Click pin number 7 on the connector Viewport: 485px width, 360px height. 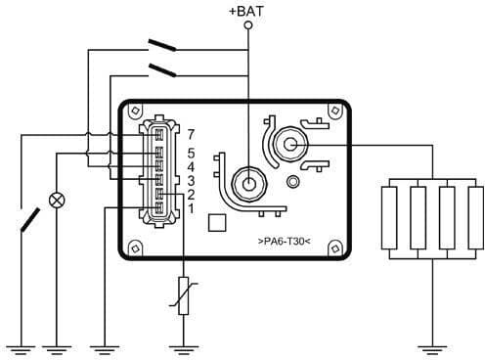tap(192, 134)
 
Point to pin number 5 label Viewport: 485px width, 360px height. tap(192, 154)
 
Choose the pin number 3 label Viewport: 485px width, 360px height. tap(192, 181)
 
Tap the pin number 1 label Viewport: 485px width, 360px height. tap(192, 208)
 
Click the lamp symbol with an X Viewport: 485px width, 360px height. tap(57, 200)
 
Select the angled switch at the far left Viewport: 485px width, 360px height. tap(29, 218)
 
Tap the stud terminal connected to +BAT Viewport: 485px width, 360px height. tap(248, 183)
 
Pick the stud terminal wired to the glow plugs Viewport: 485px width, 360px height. tap(291, 143)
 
